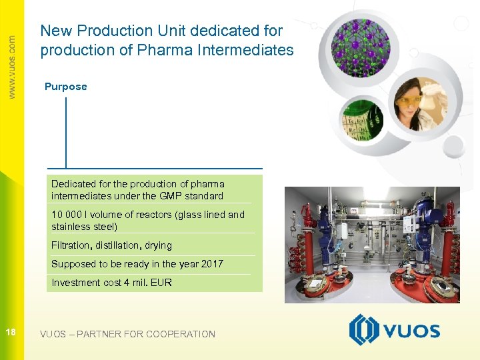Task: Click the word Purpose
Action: [65, 87]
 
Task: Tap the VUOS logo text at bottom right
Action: [411, 331]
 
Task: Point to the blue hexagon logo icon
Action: [364, 330]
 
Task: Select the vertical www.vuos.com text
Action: [11, 67]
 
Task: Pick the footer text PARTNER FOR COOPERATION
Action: [146, 334]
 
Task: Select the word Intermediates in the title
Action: [251, 50]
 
